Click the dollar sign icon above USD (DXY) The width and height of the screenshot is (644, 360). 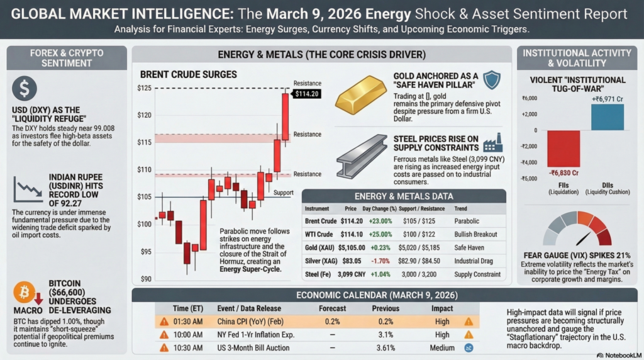pos(25,88)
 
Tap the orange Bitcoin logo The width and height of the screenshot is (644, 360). pos(24,293)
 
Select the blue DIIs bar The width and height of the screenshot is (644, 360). pos(607,117)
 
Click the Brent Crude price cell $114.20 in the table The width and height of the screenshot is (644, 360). pos(352,222)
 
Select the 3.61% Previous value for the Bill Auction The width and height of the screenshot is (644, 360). pos(385,347)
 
